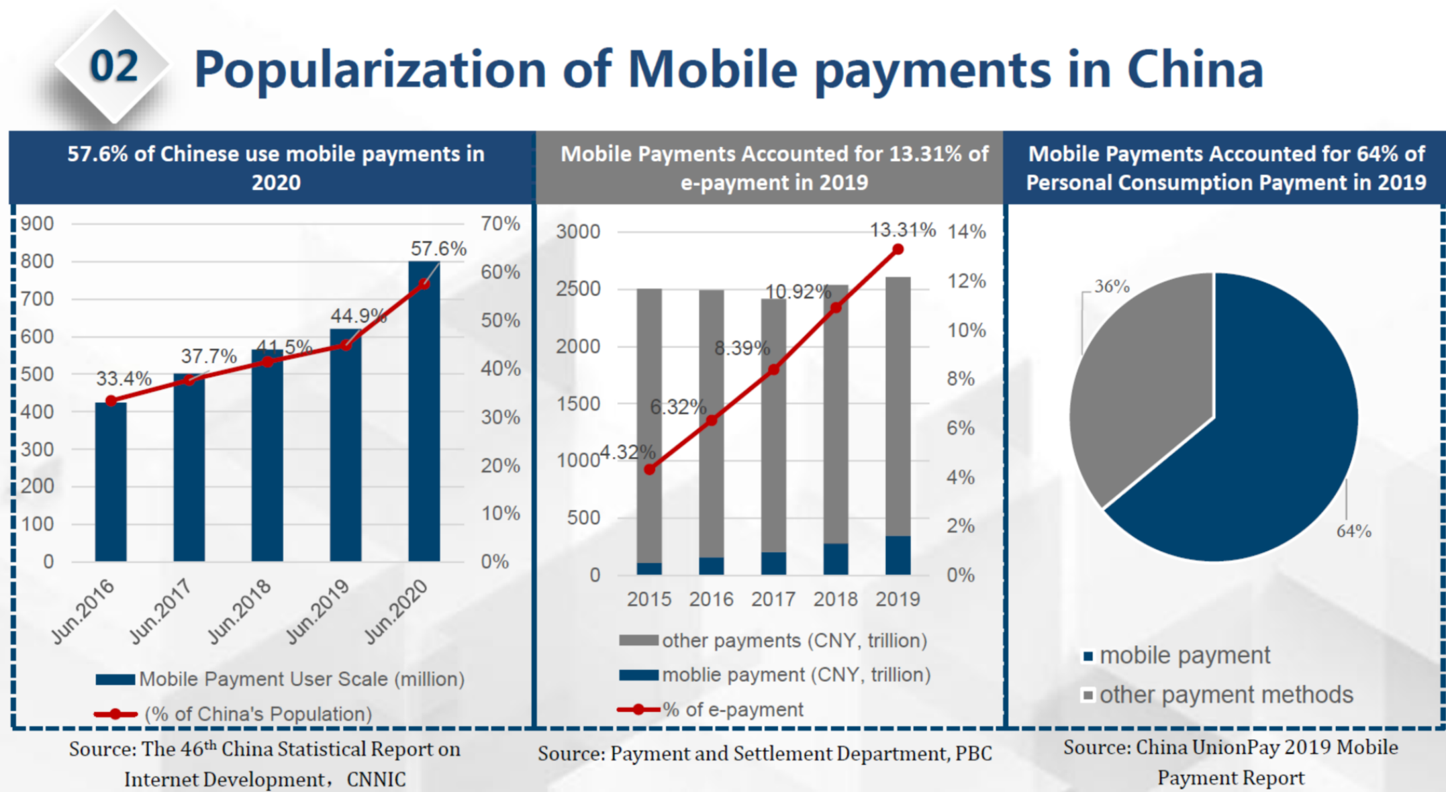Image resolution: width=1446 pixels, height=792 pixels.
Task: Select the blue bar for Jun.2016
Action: click(x=111, y=483)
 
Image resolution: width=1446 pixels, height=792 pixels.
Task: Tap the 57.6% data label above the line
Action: click(x=438, y=249)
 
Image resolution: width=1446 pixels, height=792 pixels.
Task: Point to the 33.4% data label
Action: click(x=124, y=379)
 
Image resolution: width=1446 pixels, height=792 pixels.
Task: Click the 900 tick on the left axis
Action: click(x=37, y=224)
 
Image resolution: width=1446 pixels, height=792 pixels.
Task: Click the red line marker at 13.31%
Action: click(x=898, y=250)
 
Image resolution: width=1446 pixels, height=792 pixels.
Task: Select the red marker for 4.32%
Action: click(x=649, y=470)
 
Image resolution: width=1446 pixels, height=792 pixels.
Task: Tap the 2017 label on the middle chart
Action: click(x=773, y=599)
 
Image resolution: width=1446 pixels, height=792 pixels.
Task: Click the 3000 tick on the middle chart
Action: click(x=578, y=232)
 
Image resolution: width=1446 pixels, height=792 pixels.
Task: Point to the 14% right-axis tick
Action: click(x=966, y=232)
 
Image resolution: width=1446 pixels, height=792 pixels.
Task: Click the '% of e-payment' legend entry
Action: click(x=732, y=709)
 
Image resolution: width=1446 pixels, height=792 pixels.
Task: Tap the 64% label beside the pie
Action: click(x=1353, y=532)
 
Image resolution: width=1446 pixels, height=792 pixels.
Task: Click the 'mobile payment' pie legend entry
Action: click(x=1184, y=656)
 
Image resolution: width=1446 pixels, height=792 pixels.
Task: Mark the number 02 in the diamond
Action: click(x=114, y=67)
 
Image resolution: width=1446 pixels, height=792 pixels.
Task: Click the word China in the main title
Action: click(x=1195, y=70)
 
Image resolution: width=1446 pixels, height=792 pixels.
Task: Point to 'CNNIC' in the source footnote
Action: click(x=376, y=779)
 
